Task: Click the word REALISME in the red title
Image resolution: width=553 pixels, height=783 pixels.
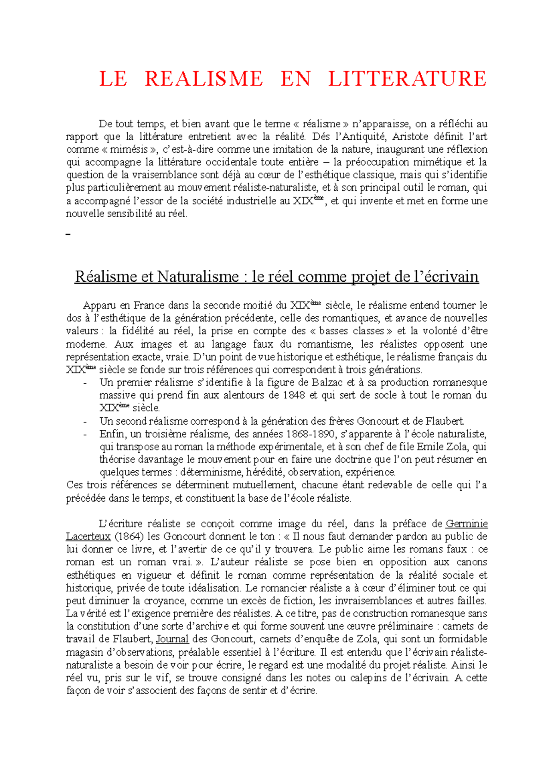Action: click(204, 79)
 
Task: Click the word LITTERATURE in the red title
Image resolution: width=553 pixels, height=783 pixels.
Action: click(407, 79)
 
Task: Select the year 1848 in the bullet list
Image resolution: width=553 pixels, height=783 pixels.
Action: click(294, 395)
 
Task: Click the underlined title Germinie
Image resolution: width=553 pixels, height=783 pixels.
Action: click(466, 524)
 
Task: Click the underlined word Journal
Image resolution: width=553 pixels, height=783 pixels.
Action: click(172, 639)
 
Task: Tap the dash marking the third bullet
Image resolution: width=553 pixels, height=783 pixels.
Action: click(85, 434)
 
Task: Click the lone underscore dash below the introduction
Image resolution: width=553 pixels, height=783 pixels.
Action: click(69, 235)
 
